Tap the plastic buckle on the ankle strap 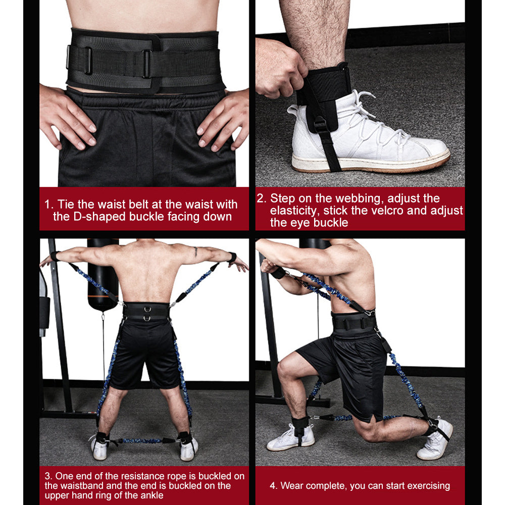point(320,123)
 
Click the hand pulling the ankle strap point(281,68)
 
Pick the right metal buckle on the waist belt point(147,64)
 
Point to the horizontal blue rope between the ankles point(144,440)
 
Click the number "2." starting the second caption point(262,198)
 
